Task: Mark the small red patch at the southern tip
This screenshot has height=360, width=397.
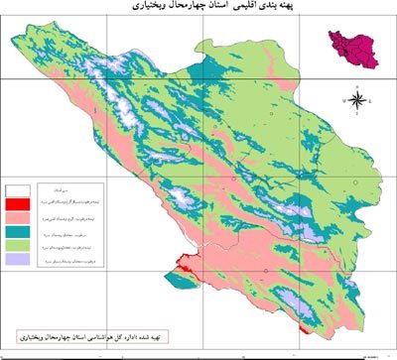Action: (304, 333)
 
